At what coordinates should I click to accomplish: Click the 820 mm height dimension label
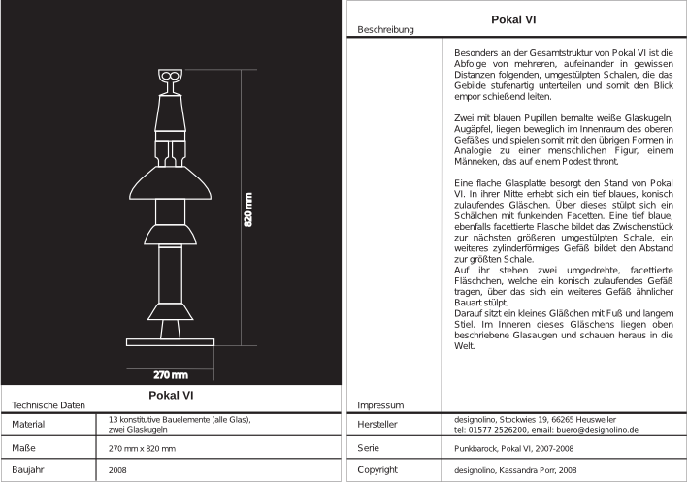tap(248, 207)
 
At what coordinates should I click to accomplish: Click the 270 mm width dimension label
tap(171, 374)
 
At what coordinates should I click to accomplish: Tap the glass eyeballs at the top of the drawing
tap(170, 75)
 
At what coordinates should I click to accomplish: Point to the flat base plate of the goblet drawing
tap(171, 340)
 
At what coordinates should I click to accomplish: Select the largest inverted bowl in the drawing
tap(171, 187)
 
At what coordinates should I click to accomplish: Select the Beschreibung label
tap(385, 30)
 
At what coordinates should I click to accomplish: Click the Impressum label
tap(379, 404)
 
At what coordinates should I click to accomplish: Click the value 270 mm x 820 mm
tap(142, 449)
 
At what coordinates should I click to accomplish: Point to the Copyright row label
tap(377, 470)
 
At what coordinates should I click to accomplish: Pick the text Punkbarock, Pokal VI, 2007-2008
tap(513, 450)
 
